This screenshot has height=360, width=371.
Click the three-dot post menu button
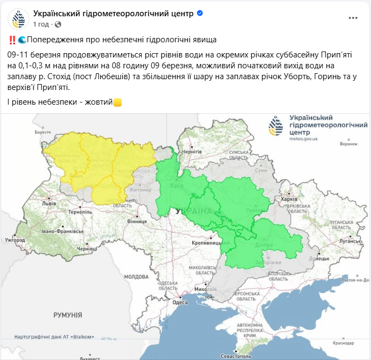(353, 18)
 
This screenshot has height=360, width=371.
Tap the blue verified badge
(200, 13)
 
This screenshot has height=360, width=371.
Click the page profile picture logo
(18, 18)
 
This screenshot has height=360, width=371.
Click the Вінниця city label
(136, 222)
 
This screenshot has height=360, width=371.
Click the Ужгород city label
(15, 239)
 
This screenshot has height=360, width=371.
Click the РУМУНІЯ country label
(68, 314)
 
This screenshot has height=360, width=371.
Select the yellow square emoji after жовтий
(118, 102)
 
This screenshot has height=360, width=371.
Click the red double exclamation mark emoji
(12, 40)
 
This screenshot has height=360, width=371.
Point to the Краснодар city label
(343, 343)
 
